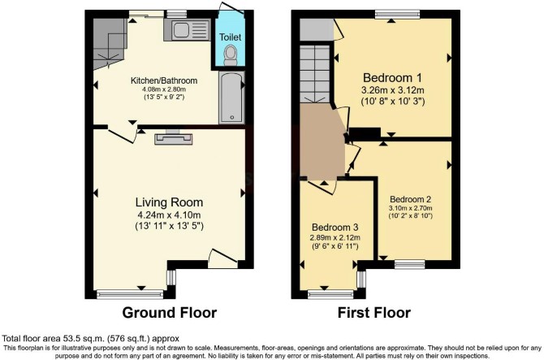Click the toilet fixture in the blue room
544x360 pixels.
pyautogui.click(x=230, y=55)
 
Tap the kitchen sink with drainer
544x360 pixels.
pyautogui.click(x=187, y=29)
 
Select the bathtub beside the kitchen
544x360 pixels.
pyautogui.click(x=231, y=98)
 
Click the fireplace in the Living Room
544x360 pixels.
pyautogui.click(x=174, y=137)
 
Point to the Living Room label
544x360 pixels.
pyautogui.click(x=170, y=202)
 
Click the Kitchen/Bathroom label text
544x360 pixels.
pyautogui.click(x=164, y=80)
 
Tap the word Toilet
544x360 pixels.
pyautogui.click(x=230, y=37)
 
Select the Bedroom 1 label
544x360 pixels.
pyautogui.click(x=392, y=77)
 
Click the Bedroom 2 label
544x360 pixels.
pyautogui.click(x=410, y=199)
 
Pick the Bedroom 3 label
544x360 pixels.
pyautogui.click(x=335, y=228)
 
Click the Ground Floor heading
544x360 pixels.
pyautogui.click(x=170, y=312)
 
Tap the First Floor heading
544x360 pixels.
pyautogui.click(x=374, y=312)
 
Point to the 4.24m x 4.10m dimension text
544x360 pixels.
pyautogui.click(x=170, y=215)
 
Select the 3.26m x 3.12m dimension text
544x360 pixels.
pyautogui.click(x=393, y=90)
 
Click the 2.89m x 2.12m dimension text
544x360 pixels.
pyautogui.click(x=335, y=238)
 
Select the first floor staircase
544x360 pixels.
pyautogui.click(x=314, y=74)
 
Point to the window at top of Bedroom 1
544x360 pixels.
pyautogui.click(x=398, y=15)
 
